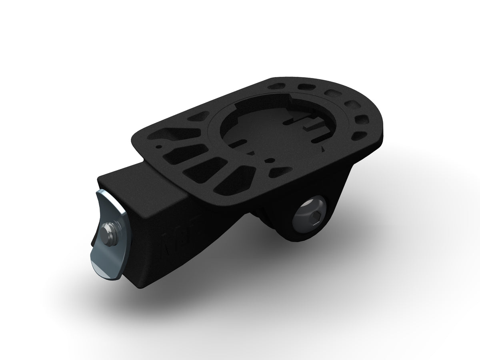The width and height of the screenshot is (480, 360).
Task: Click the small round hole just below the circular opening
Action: [272, 160]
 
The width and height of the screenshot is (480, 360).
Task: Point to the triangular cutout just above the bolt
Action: [276, 172]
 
